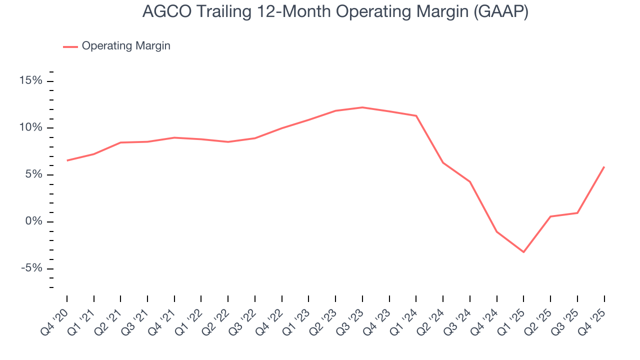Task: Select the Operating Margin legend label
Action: tap(126, 46)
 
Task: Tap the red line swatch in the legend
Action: tap(70, 46)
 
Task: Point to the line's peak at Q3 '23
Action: tap(362, 107)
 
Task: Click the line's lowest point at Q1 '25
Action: tap(523, 252)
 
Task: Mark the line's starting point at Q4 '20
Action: tap(67, 160)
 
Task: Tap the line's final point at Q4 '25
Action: tap(604, 167)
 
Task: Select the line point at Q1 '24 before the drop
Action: tap(416, 116)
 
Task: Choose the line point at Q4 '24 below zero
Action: tap(496, 232)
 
